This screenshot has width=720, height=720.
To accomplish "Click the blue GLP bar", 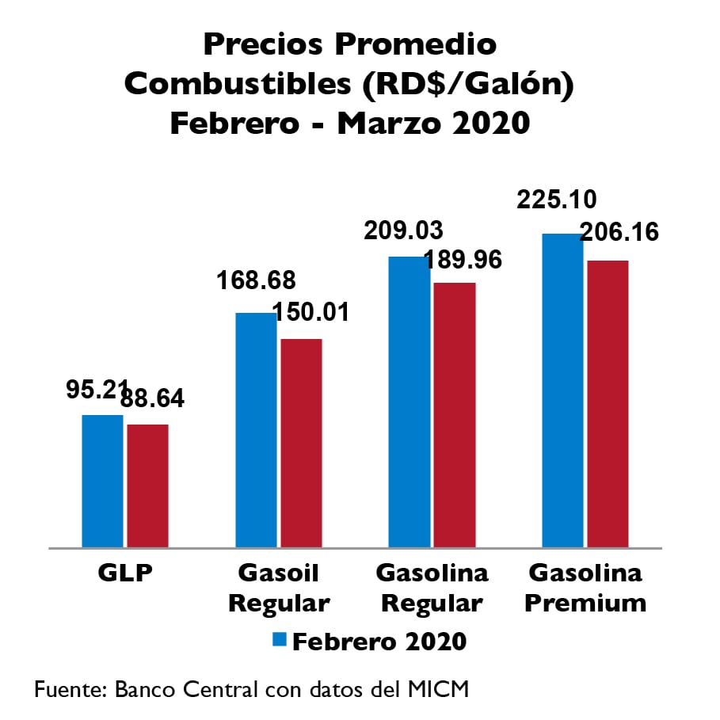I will point(103,481).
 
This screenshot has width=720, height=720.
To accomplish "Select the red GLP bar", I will point(148,486).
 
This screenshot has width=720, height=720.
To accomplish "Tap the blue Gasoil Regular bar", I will point(257,429).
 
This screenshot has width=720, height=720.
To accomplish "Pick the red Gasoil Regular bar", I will point(302,443).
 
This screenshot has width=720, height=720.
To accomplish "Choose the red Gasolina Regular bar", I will point(455,414).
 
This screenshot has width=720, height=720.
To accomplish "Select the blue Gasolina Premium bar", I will point(562,390).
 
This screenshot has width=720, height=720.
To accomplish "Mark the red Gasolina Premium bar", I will point(608,403).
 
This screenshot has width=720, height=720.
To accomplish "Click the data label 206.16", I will point(620,232).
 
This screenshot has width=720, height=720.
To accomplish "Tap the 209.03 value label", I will point(403,230).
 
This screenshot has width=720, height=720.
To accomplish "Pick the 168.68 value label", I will point(256,281).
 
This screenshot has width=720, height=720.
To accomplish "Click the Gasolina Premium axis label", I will point(585,588).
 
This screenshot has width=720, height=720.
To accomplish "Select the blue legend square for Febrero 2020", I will point(279,639).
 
